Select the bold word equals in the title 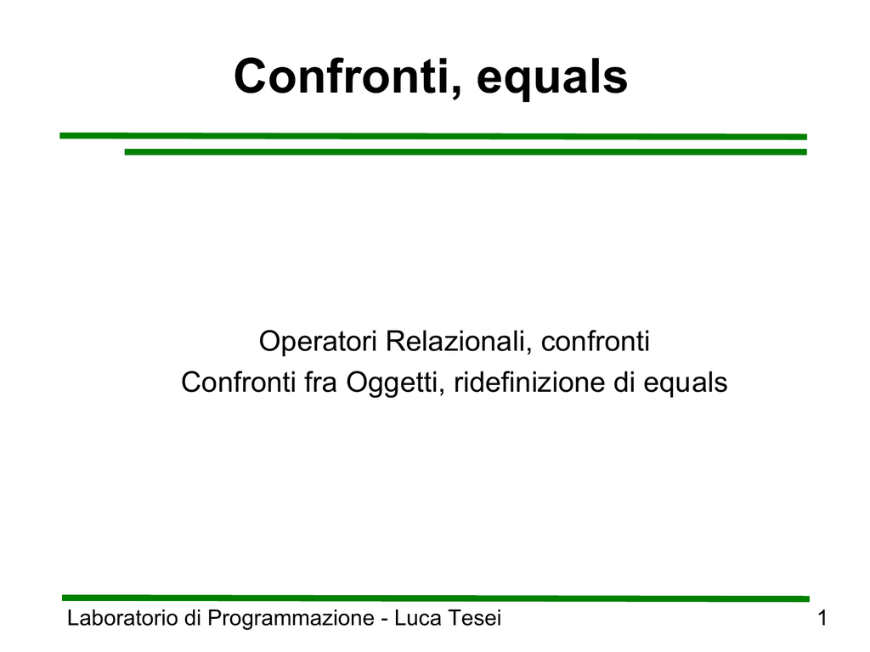[x=552, y=79]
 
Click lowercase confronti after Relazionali [x=596, y=341]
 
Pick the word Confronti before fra [x=238, y=382]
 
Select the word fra [x=320, y=382]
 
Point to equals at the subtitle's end [x=686, y=383]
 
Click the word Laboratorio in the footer [x=122, y=618]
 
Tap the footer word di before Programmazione [x=193, y=618]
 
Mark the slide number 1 [x=822, y=618]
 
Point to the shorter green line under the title [x=466, y=151]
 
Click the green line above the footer [x=436, y=598]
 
